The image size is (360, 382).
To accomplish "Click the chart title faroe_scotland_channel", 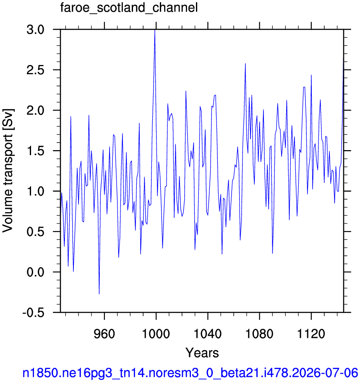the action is [129, 8].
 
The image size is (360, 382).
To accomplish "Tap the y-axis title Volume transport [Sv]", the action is [8, 171].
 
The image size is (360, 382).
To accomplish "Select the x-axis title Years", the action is [202, 353].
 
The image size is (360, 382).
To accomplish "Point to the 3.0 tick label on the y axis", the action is [35, 30].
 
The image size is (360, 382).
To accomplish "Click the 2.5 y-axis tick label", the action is [35, 70].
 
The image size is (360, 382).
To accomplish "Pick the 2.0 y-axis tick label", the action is [35, 111].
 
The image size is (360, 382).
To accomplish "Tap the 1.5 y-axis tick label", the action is [35, 151].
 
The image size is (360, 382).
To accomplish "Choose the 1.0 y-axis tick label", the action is [35, 191].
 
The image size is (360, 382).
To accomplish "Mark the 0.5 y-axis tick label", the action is [35, 232].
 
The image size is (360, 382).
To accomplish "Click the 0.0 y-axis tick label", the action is [35, 272].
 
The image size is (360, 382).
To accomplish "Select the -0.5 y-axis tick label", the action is [34, 312].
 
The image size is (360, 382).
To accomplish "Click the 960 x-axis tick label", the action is [104, 333].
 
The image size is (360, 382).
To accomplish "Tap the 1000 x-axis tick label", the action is [156, 333].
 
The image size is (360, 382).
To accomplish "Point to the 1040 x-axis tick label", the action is [208, 333].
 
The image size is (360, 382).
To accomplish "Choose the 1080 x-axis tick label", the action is [259, 333].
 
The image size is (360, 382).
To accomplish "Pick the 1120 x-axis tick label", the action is [311, 333].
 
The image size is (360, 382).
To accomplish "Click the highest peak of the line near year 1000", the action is [155, 30].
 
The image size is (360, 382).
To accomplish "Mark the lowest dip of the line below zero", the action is [99, 294].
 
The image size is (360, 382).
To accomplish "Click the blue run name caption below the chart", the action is [190, 373].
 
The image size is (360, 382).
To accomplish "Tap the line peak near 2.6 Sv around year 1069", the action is [245, 64].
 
